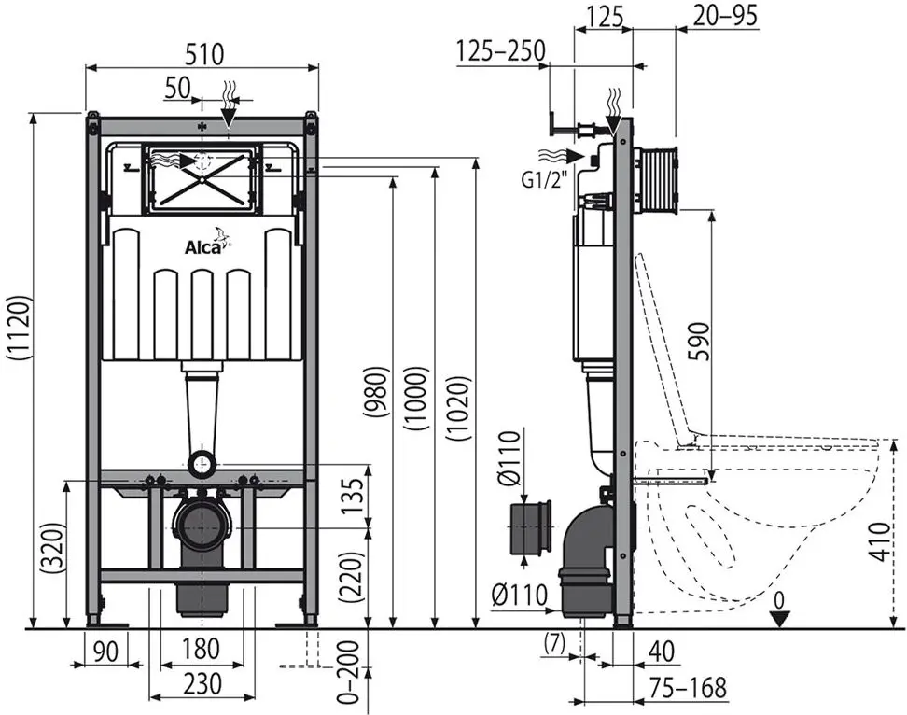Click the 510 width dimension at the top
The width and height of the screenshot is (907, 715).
pos(202,54)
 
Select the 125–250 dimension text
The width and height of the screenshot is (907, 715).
pos(501,51)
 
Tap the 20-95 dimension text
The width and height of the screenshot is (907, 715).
pos(725,16)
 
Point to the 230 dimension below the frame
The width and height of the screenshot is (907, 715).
pos(202,684)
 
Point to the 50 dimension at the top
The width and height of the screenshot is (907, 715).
pos(177,88)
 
